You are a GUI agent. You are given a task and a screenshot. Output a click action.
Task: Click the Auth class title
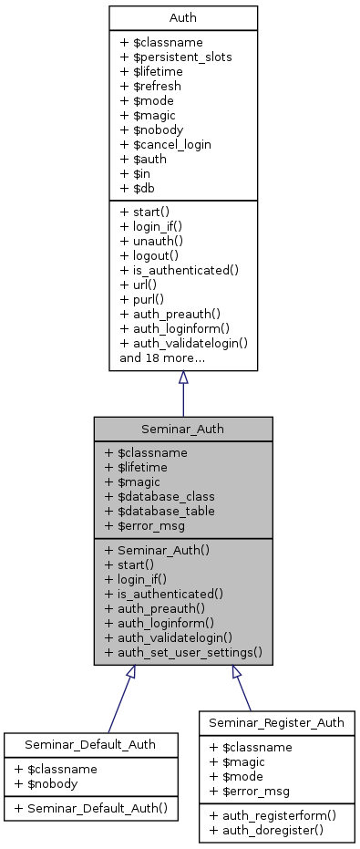(x=182, y=17)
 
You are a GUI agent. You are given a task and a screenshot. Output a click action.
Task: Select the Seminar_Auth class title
(x=182, y=429)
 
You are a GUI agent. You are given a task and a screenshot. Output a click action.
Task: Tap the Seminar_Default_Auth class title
(x=89, y=745)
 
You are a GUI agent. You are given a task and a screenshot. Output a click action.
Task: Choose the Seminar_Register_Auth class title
(x=276, y=723)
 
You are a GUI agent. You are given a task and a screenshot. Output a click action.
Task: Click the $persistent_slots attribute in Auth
(x=176, y=57)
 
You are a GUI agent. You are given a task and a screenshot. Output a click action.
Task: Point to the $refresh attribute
(x=150, y=86)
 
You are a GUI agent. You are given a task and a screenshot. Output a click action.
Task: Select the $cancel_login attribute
(x=165, y=144)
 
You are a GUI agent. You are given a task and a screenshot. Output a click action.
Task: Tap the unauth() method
(x=151, y=241)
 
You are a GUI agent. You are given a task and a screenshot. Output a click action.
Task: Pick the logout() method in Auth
(x=149, y=255)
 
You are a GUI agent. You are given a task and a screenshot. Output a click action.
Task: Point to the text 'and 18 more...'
(x=162, y=357)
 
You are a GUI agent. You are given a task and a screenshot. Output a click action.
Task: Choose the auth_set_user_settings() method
(x=183, y=652)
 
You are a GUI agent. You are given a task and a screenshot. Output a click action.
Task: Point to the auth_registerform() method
(x=268, y=814)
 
